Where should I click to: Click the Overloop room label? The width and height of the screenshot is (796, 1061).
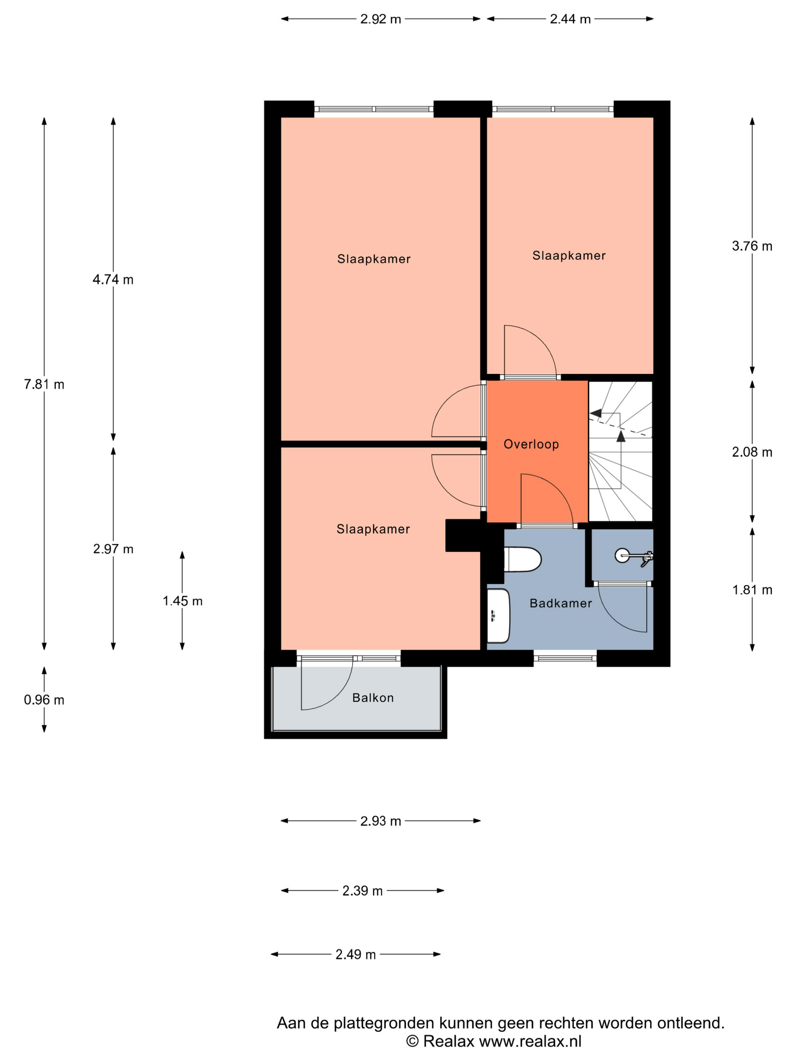[531, 444]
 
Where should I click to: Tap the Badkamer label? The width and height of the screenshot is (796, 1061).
[560, 603]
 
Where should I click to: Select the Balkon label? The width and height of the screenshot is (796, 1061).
[373, 698]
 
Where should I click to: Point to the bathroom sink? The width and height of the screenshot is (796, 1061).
[498, 616]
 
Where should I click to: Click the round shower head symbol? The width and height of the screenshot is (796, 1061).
[622, 556]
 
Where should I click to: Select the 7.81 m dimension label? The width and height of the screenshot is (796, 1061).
[44, 384]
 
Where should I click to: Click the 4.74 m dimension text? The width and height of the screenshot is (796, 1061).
[113, 280]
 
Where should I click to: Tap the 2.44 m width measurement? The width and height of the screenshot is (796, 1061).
[570, 19]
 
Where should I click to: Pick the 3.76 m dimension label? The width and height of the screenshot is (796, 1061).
[752, 246]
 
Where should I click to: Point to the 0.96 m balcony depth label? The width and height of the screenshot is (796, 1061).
[44, 700]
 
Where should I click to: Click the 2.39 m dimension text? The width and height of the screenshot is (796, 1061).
[362, 891]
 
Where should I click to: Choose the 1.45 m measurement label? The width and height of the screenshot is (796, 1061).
[182, 601]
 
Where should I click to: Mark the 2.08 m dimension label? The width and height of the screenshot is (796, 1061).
[752, 452]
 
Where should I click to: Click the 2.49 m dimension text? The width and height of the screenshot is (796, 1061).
[356, 955]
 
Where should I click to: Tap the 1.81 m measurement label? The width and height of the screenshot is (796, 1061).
[752, 590]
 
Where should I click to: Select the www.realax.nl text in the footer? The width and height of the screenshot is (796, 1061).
[530, 1041]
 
